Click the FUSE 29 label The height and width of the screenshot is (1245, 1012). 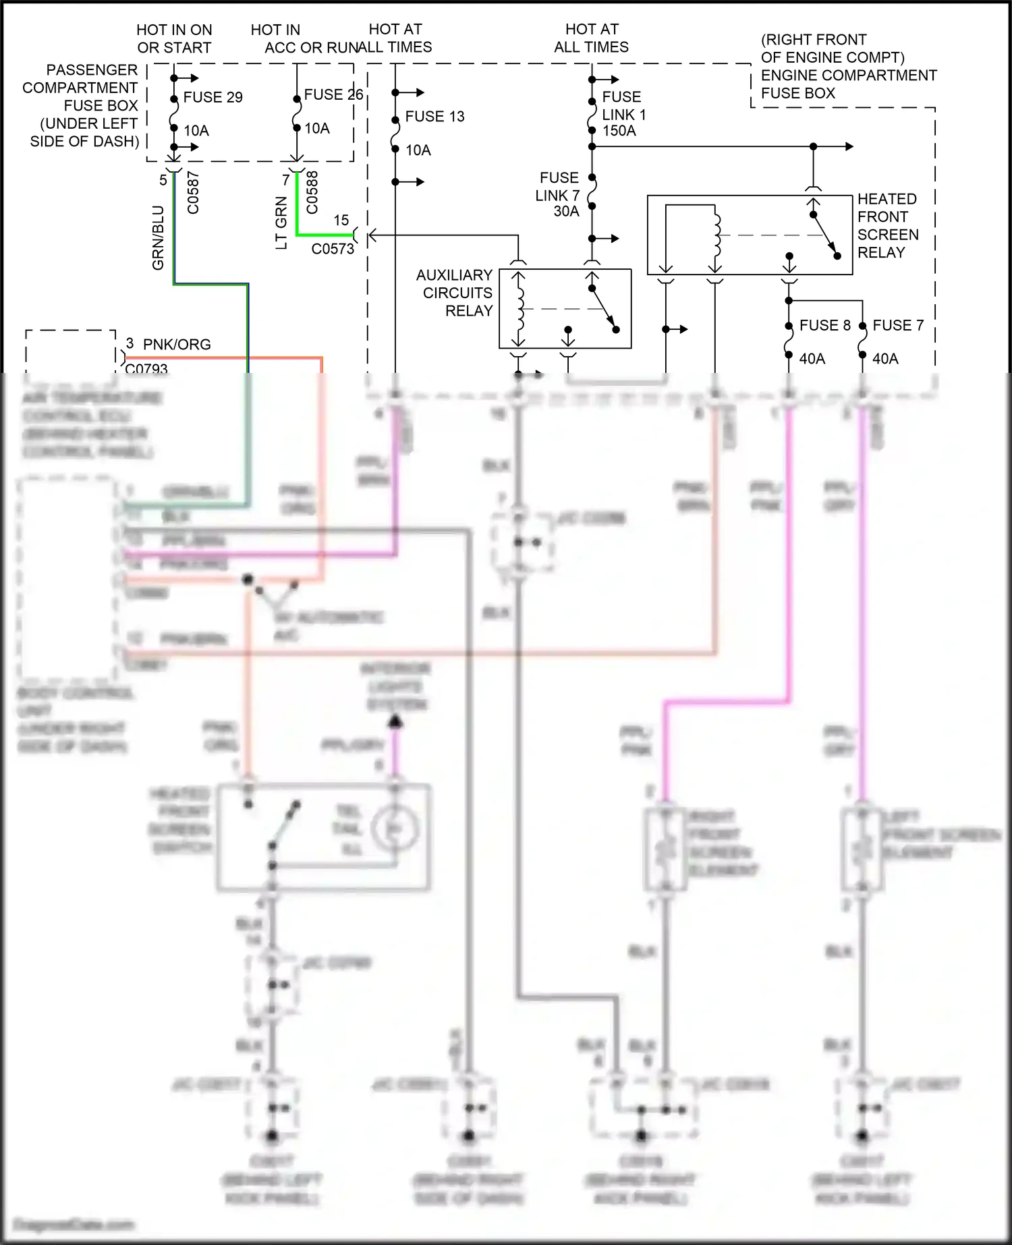coord(213,97)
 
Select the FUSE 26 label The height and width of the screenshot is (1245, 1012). coord(333,95)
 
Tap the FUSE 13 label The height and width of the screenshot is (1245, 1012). coord(434,117)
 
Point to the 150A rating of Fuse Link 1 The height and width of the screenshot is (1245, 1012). coord(619,131)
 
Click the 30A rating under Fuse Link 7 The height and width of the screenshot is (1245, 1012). coord(566,212)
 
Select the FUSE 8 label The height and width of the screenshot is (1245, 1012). coord(824,326)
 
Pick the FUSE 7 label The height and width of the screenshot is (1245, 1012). coord(897,326)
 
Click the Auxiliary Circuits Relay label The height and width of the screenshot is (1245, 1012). coord(455,293)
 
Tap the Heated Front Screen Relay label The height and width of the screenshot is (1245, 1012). coord(887,226)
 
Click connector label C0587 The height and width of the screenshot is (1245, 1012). coord(193,193)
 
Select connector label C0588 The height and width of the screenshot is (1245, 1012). coord(312,192)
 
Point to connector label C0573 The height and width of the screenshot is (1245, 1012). coord(333,249)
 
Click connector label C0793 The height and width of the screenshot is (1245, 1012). coord(146,368)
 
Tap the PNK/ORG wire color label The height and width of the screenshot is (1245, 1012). coord(177,345)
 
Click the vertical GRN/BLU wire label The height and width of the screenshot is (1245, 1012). coord(158,238)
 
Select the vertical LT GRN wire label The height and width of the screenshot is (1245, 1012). coord(281,223)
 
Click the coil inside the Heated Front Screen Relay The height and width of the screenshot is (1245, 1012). coord(716,234)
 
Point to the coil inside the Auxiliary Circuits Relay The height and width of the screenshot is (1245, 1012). coord(519,308)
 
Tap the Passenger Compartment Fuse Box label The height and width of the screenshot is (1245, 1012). coord(81,106)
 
